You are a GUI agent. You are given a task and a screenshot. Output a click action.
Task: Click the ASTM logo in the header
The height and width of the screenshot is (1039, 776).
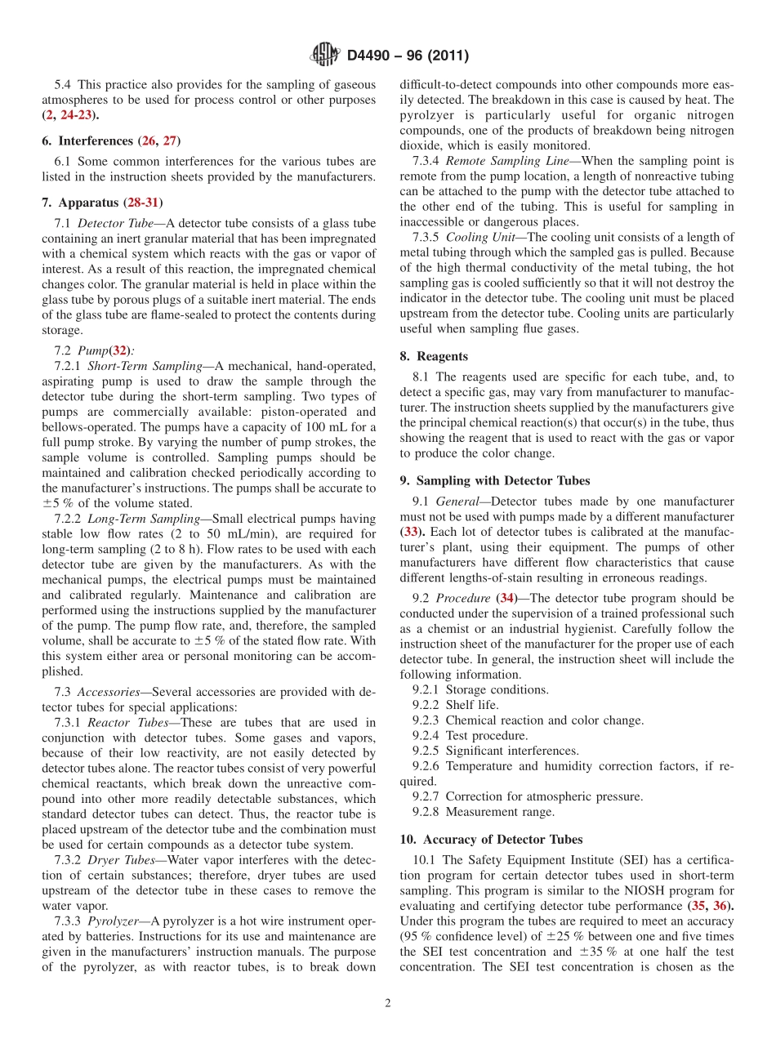pos(325,56)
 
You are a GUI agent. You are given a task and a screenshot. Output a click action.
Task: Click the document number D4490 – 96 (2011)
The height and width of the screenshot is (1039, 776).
pos(408,56)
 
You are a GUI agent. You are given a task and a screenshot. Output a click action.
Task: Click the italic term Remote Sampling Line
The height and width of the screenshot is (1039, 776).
pos(496,161)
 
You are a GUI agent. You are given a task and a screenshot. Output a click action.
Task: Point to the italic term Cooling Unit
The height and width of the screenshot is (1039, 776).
pos(478,238)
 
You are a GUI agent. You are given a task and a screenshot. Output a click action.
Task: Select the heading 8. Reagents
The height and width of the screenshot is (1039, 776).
pos(434,356)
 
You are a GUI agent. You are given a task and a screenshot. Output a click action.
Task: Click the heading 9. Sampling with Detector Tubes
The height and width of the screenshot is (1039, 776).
pos(494,480)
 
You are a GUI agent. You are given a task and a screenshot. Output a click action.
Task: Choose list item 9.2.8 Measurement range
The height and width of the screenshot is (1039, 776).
pos(483,812)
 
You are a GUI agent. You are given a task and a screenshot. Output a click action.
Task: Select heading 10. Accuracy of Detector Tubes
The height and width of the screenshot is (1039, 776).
pos(491,839)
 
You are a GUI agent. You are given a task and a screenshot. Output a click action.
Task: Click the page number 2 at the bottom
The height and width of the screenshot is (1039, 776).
pos(388,1004)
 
